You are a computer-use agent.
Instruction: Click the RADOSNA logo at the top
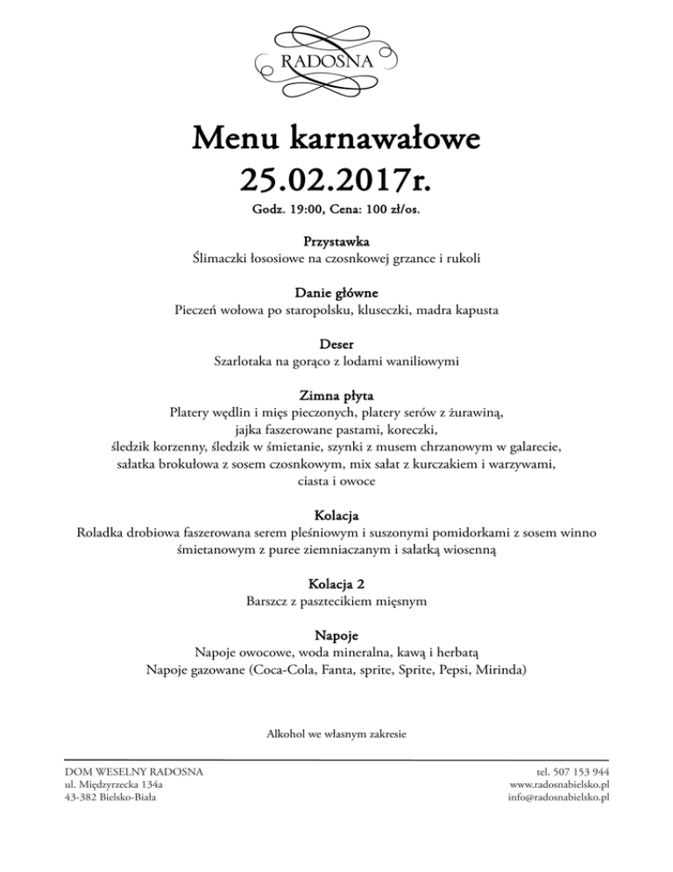pyautogui.click(x=337, y=60)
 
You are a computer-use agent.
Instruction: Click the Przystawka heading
pyautogui.click(x=337, y=240)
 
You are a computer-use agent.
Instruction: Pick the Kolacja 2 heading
pyautogui.click(x=337, y=583)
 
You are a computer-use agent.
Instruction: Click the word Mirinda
pyautogui.click(x=501, y=670)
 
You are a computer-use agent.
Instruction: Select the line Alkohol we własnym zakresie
pyautogui.click(x=337, y=732)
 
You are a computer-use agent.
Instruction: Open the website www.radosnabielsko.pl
pyautogui.click(x=559, y=783)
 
